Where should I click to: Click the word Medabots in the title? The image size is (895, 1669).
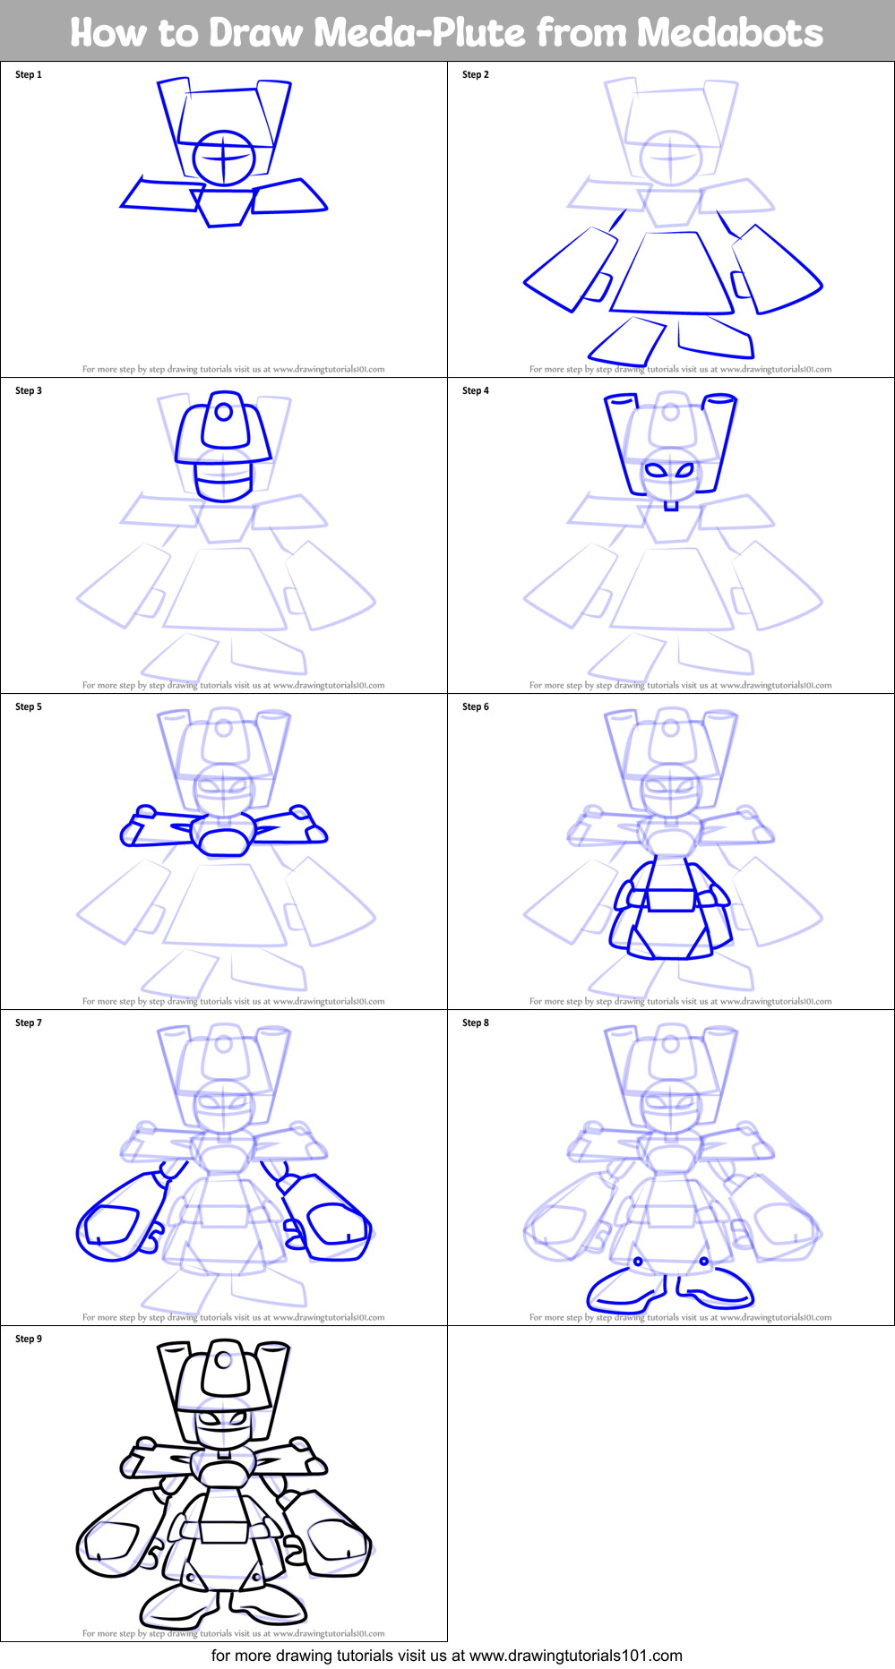coord(730,32)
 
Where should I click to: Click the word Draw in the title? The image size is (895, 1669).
coord(258,32)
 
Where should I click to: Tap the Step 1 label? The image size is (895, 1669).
coord(29,74)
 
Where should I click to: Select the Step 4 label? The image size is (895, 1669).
coord(476,390)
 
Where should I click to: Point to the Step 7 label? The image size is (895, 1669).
coord(29,1023)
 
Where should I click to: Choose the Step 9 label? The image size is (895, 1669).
coord(29,1339)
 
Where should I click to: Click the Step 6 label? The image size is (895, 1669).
coord(476,706)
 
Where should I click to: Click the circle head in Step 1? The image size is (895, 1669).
coord(224,158)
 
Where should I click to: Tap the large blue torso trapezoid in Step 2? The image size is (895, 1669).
coord(672,273)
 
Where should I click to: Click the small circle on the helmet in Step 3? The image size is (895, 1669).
coord(224,413)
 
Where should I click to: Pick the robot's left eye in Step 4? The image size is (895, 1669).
coord(657,469)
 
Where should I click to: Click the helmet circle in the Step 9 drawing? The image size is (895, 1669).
coord(223,1361)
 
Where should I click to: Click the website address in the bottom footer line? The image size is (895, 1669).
coord(576,1656)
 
